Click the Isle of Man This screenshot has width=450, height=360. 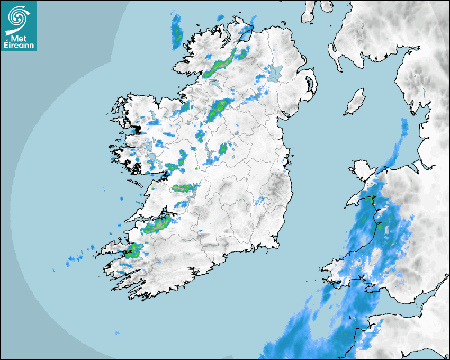click(355, 102)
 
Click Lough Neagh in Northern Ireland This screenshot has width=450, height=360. click(275, 72)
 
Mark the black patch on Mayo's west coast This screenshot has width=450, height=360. click(137, 129)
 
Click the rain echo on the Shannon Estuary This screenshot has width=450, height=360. click(158, 225)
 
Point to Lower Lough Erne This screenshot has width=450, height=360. click(215, 84)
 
